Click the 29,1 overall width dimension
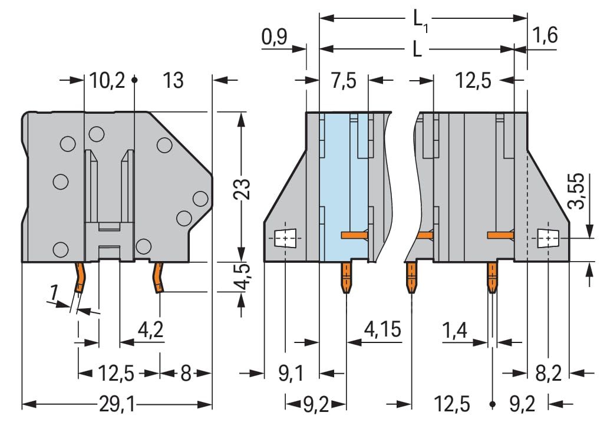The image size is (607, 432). (117, 405)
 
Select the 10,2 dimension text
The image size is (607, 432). (107, 80)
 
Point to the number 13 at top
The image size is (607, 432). (173, 80)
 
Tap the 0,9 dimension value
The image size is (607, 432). (274, 38)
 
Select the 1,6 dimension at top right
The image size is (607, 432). (545, 35)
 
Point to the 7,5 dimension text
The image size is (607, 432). (343, 80)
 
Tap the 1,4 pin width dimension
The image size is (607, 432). (455, 331)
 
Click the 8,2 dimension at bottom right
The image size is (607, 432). (549, 373)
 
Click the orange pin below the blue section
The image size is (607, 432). (347, 278)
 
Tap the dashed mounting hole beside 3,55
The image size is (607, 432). (548, 238)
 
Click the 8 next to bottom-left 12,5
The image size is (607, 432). (186, 373)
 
